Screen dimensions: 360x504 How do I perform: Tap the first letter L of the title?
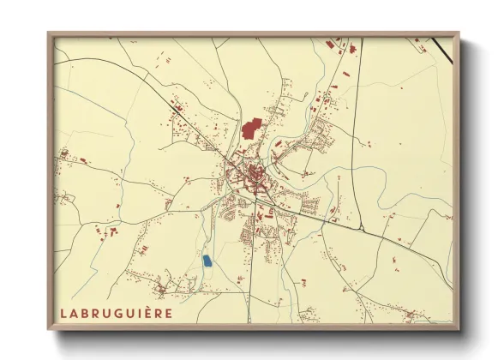coord(64,312)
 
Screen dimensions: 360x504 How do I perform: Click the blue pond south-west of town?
coord(206,259)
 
